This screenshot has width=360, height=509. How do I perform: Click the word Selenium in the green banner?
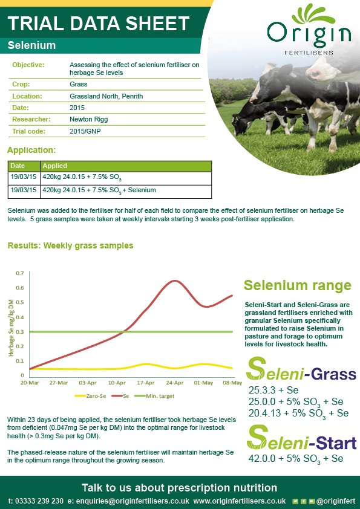[32, 46]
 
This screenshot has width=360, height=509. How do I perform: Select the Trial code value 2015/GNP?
[85, 131]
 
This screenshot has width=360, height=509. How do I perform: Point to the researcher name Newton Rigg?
[88, 119]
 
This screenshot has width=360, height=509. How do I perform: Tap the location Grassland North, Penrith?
[106, 96]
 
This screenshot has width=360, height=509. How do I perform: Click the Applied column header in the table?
[55, 166]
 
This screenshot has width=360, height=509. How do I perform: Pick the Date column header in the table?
[18, 166]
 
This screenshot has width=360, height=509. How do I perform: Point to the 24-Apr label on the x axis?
[174, 383]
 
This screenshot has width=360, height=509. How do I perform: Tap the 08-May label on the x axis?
[232, 383]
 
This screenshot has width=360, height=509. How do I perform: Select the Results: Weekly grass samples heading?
[70, 245]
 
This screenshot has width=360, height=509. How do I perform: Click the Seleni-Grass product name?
[303, 373]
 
